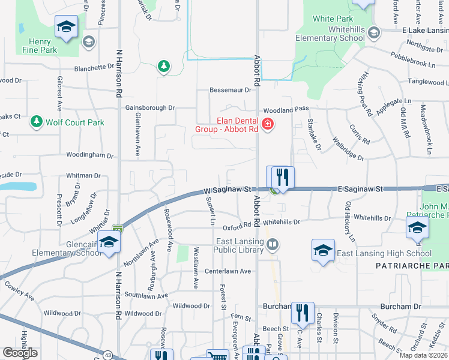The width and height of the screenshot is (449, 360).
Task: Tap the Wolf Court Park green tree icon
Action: pos(37,122)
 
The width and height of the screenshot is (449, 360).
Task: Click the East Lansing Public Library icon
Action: pos(273,244)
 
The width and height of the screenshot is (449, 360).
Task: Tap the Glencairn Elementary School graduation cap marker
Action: pos(109,242)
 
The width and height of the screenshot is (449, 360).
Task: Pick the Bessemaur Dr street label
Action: pos(230,90)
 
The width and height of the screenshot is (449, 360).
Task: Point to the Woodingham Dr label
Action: pos(90,155)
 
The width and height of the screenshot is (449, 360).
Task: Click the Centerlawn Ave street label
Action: pos(228,271)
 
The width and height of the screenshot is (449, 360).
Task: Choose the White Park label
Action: pos(328,19)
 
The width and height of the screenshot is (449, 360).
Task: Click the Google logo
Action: pos(20,353)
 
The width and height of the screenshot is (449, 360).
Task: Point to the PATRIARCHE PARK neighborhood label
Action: pos(412,265)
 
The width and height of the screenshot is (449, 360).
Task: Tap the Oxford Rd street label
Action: pos(236,227)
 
